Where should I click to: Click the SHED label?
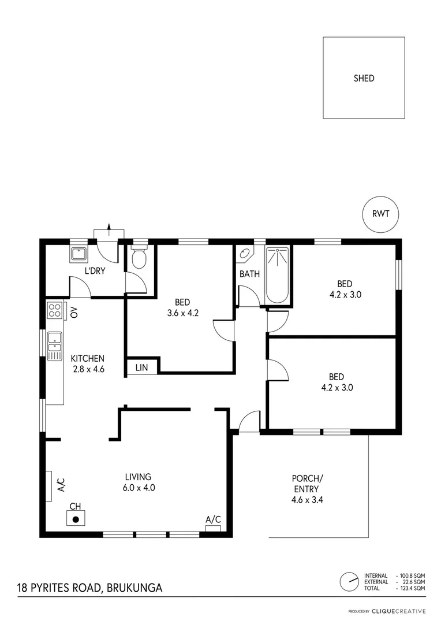pos(364,78)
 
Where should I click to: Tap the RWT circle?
pos(380,214)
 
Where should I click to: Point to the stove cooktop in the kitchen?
pos(55,311)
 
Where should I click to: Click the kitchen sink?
pos(55,346)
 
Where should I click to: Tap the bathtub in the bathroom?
pos(278,275)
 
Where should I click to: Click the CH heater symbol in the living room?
pos(75,518)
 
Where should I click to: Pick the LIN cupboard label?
pos(141,367)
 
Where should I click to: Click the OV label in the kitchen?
pos(74,313)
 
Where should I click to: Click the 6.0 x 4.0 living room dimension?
pos(138,487)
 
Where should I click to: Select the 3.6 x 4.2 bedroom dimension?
pos(182,312)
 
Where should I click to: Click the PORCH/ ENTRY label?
pos(307,489)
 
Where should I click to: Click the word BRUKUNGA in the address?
pos(135,588)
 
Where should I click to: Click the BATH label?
pos(249,273)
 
